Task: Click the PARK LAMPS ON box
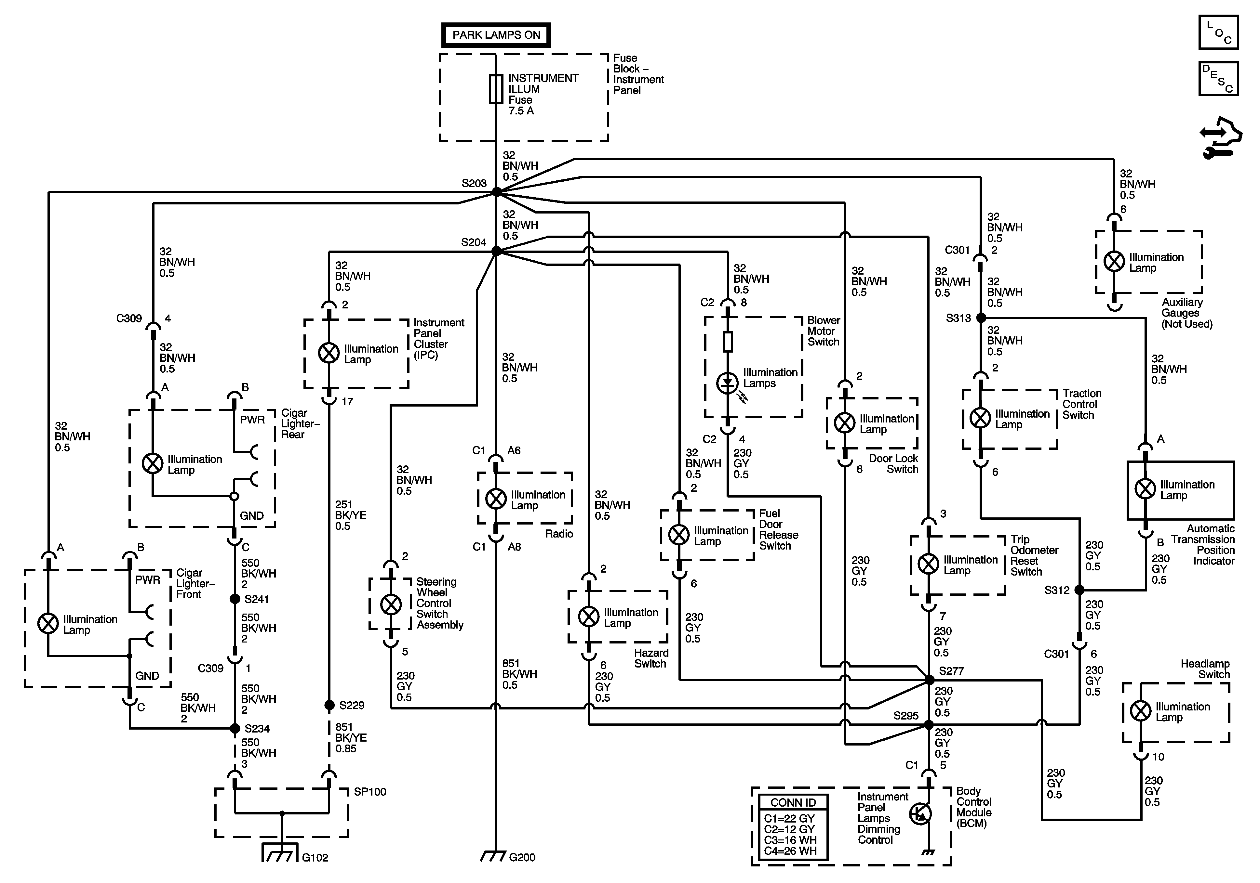click(x=496, y=35)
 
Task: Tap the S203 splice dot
click(x=496, y=192)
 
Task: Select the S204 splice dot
click(x=496, y=251)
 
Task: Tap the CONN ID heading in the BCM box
click(x=793, y=802)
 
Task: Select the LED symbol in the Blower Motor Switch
click(x=728, y=383)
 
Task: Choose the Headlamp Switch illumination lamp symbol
click(x=1141, y=711)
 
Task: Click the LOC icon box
click(x=1218, y=32)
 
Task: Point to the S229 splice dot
click(x=329, y=705)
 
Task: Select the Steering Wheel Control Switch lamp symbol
click(x=391, y=605)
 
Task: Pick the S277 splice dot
click(x=930, y=680)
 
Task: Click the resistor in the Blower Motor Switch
click(x=728, y=342)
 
